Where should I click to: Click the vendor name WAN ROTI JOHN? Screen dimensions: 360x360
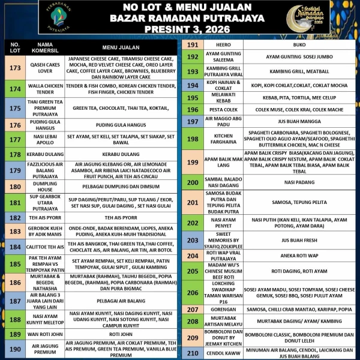[x=46, y=334]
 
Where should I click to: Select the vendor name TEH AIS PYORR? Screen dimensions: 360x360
[x=46, y=218]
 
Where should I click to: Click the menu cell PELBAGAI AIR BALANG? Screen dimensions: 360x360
[x=117, y=299]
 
